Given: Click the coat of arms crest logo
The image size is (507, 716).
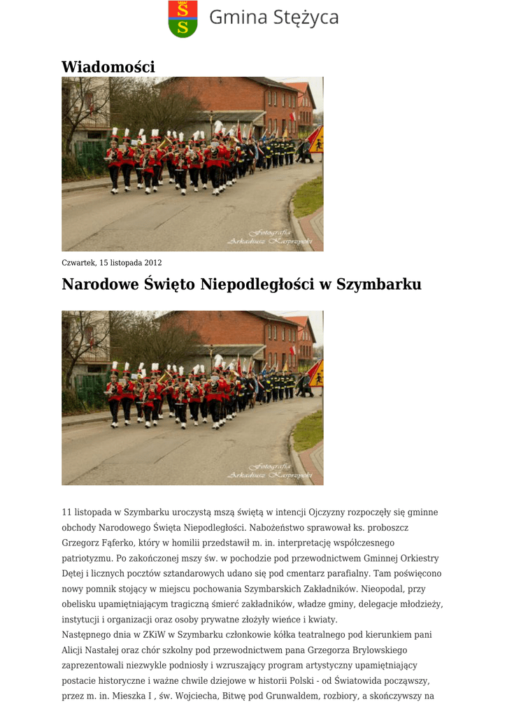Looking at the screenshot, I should pyautogui.click(x=183, y=19).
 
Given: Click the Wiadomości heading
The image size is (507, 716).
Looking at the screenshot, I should pyautogui.click(x=108, y=66).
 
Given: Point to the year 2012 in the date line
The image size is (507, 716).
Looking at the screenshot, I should pyautogui.click(x=153, y=263).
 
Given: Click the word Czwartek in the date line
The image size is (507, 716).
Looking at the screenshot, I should pyautogui.click(x=78, y=263).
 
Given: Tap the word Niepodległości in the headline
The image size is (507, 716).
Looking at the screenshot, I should pyautogui.click(x=255, y=285).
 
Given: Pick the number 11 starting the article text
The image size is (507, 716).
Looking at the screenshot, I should pyautogui.click(x=66, y=513).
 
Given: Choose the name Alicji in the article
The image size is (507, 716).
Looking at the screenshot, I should pyautogui.click(x=73, y=650).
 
